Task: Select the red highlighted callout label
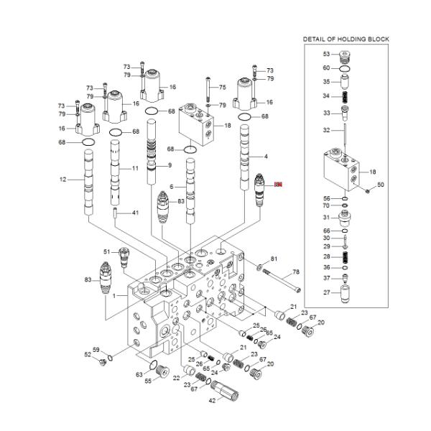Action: coord(279,185)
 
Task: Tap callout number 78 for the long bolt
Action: coord(294,273)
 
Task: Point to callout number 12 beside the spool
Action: coord(63,180)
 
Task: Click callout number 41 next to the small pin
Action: coord(134,213)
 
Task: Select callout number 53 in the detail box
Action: coord(325,54)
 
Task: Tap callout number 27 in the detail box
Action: coord(325,292)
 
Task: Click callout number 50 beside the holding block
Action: coord(381,185)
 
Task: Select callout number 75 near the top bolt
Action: coord(222,87)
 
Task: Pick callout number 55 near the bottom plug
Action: coord(148,381)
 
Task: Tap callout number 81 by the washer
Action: coord(273,259)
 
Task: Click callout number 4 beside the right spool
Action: coord(266,157)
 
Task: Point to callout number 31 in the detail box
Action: coord(325,218)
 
